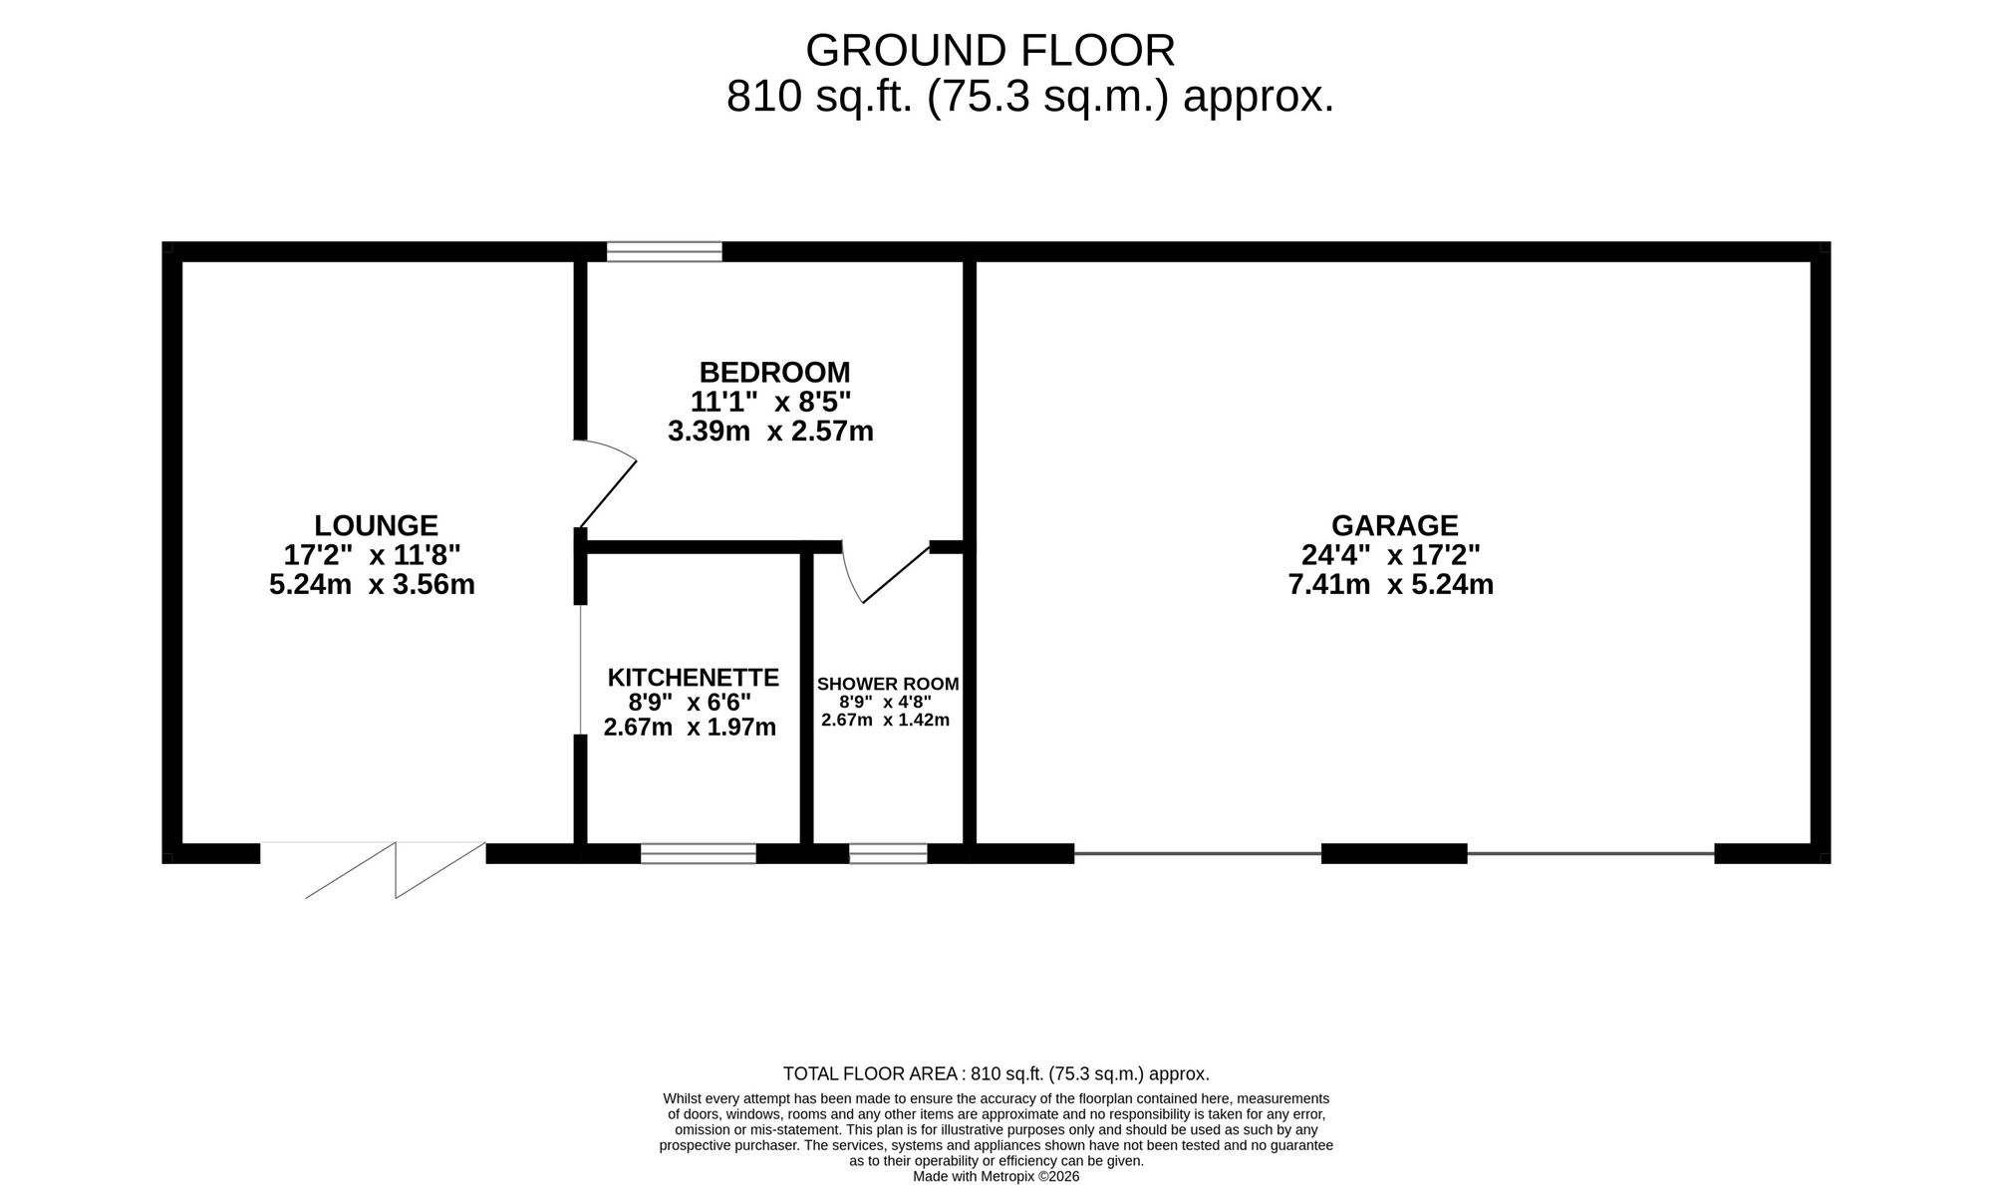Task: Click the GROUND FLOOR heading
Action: (990, 50)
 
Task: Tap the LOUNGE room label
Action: (376, 525)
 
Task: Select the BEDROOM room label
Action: (774, 373)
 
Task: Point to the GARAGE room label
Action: (1394, 525)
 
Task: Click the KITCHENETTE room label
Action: (693, 678)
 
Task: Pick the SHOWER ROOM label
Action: (888, 685)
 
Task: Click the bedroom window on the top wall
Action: (665, 251)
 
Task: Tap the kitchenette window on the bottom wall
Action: (699, 853)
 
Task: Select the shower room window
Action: (888, 853)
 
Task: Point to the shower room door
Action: (885, 573)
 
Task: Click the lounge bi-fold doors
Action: (374, 870)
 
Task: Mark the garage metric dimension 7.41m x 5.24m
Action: (1391, 585)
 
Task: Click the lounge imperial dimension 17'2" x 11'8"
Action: (373, 555)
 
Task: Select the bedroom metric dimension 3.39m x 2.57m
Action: (770, 432)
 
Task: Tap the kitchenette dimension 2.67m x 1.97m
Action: (690, 728)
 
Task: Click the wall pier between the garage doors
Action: (1394, 853)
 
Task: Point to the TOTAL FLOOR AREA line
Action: (996, 1074)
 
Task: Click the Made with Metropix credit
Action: (996, 1176)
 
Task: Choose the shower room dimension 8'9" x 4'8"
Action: (885, 702)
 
